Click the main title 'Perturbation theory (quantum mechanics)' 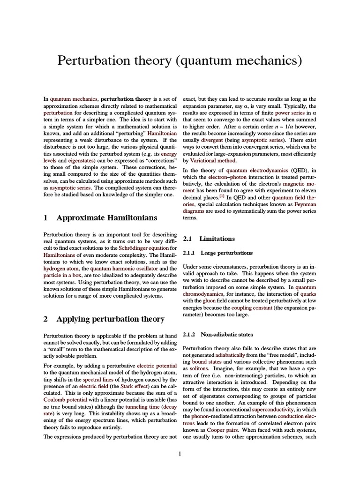(180, 60)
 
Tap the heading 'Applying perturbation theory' (110, 319)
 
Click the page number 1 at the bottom (180, 453)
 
